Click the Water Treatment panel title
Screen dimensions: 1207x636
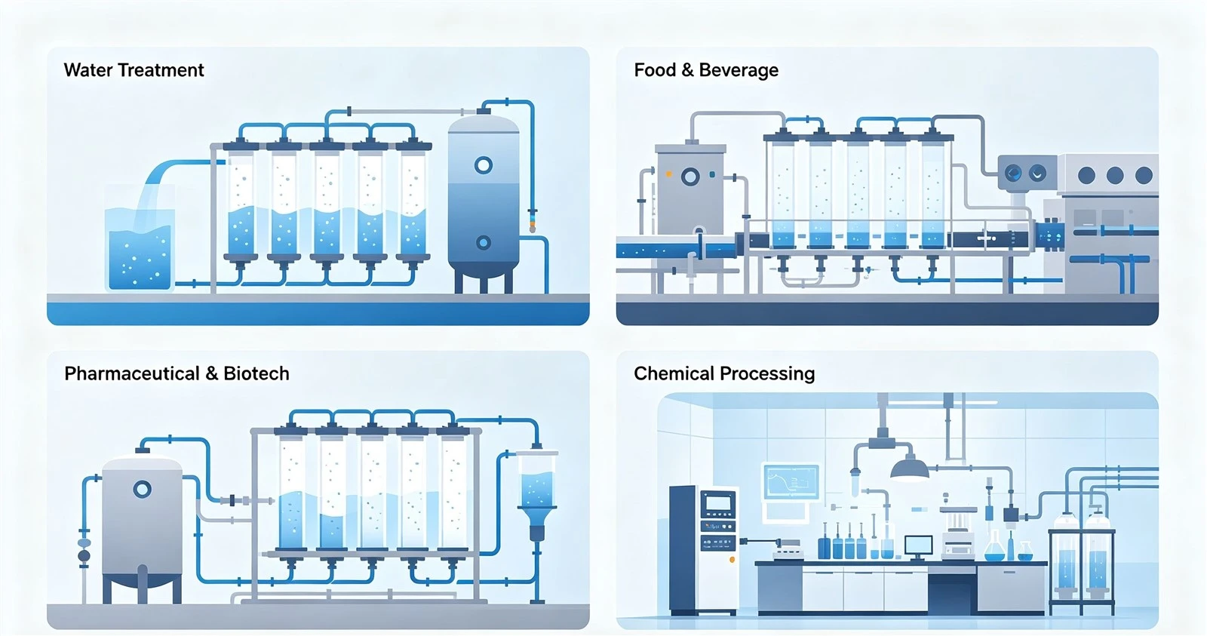pos(134,70)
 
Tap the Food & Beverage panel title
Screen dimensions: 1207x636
pos(706,70)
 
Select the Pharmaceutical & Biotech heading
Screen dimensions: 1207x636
pos(177,373)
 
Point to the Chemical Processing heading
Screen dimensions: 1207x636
pos(724,373)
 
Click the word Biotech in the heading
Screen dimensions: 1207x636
pos(256,373)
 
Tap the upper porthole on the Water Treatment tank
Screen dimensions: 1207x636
pos(484,165)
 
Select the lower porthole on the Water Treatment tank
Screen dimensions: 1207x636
pos(484,242)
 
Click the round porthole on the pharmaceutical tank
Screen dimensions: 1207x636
pos(143,490)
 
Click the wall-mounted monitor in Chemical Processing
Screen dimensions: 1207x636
pos(791,482)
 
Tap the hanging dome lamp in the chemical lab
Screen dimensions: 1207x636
pos(910,467)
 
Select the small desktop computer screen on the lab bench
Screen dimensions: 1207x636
pos(918,545)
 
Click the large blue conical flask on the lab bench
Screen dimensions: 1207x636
pos(995,546)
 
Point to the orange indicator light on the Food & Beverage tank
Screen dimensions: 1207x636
pos(668,174)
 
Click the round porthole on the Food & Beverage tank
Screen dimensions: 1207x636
pos(690,177)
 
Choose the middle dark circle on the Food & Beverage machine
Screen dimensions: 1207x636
pos(1114,175)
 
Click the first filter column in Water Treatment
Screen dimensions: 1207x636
pos(241,204)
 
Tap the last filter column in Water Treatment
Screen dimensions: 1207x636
pos(413,204)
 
